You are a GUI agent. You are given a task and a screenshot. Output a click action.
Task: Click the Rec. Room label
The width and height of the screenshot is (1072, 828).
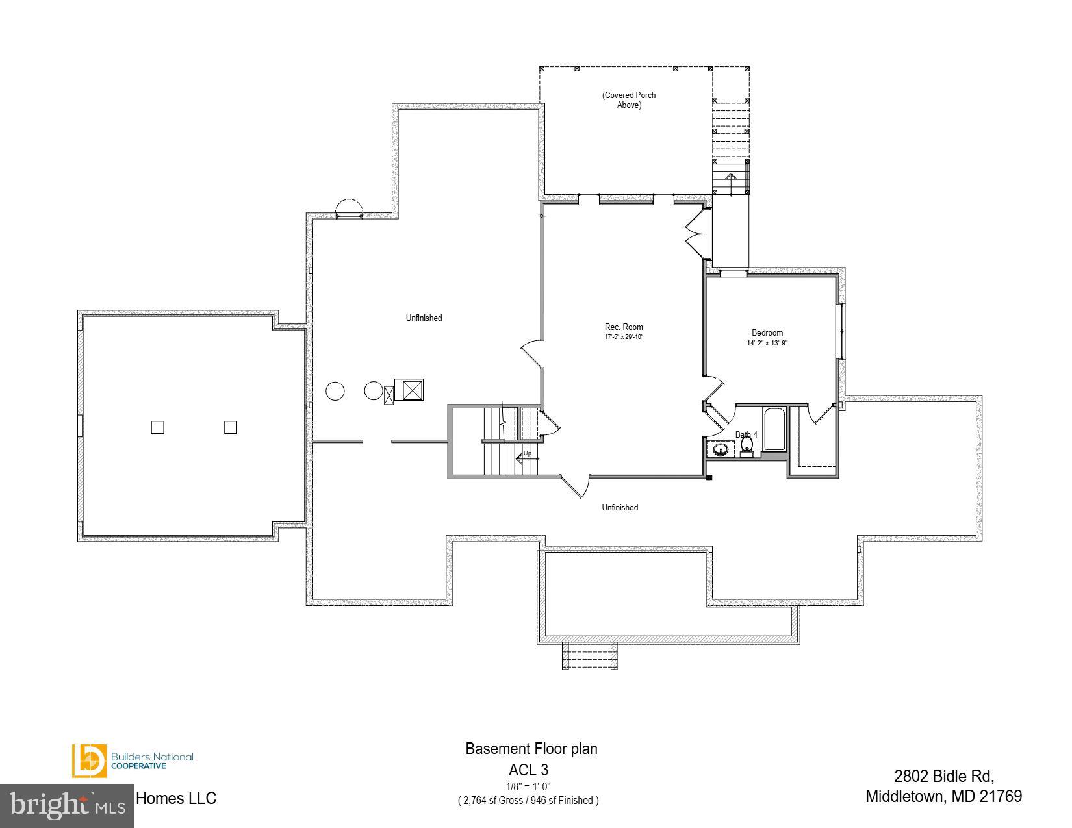[x=623, y=327]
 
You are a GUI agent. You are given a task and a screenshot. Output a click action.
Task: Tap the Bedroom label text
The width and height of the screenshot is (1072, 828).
[x=767, y=332]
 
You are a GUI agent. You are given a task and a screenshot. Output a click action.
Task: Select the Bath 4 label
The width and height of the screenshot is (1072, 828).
[x=746, y=434]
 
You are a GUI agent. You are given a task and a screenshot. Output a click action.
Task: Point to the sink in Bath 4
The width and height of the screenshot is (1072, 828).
[x=720, y=449]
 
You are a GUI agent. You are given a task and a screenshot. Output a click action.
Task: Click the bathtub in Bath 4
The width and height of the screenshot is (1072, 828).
[x=774, y=429]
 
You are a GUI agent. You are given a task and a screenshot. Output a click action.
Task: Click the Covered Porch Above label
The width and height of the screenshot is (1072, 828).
[x=628, y=99]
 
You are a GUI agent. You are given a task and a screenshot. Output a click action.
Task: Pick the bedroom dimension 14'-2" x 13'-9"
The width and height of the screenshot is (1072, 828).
[x=767, y=343]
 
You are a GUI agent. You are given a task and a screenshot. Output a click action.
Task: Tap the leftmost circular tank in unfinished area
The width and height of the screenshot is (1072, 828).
[x=335, y=391]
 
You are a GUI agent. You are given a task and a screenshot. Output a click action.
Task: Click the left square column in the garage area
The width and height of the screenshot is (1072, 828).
[x=157, y=427]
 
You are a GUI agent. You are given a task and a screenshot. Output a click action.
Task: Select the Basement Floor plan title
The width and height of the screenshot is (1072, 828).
[x=531, y=749]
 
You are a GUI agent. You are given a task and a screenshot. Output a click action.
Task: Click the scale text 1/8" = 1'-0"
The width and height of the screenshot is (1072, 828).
[x=528, y=786]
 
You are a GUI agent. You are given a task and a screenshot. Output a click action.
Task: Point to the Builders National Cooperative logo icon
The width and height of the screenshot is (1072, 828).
[x=88, y=760]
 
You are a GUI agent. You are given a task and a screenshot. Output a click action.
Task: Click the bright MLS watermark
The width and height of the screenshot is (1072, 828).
[x=67, y=805]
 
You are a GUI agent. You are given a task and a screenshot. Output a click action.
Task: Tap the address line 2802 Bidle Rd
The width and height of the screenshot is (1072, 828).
[x=943, y=775]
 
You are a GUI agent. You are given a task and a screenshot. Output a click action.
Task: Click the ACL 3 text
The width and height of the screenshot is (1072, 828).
[x=528, y=770]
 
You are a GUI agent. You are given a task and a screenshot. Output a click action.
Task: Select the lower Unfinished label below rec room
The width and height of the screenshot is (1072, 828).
[x=620, y=507]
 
